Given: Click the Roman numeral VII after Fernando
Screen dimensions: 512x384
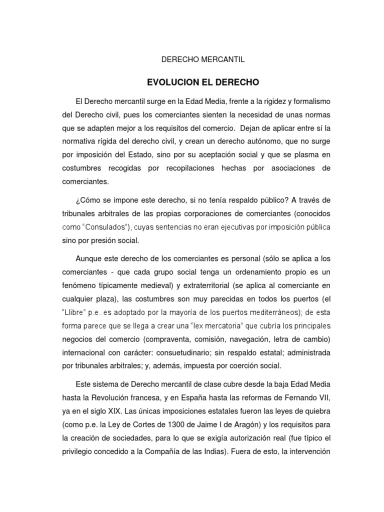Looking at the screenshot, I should [x=324, y=397].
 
